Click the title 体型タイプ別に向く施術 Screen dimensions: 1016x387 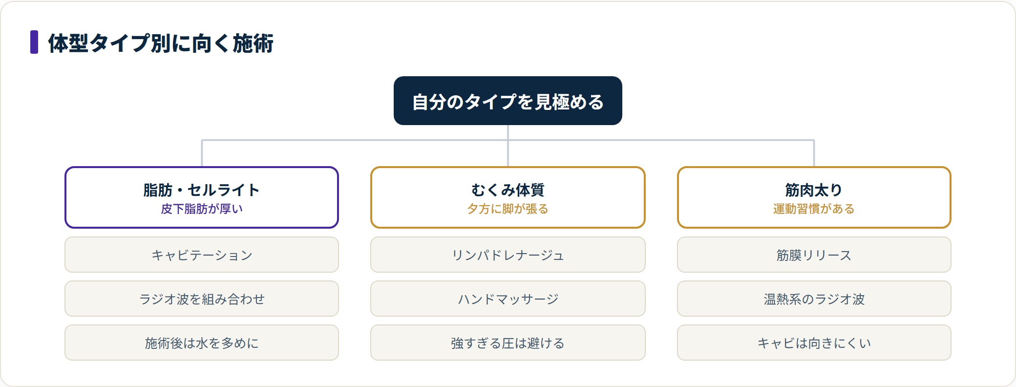pyautogui.click(x=161, y=43)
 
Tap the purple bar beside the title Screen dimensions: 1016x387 pyautogui.click(x=34, y=42)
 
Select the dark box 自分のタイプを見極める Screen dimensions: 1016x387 pyautogui.click(x=508, y=101)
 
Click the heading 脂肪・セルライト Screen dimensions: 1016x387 pyautogui.click(x=202, y=190)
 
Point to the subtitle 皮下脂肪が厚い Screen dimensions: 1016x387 pyautogui.click(x=202, y=209)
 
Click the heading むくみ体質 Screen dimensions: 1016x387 pyautogui.click(x=508, y=190)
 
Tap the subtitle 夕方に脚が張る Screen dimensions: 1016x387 pyautogui.click(x=508, y=209)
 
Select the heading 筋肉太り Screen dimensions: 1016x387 pyautogui.click(x=814, y=190)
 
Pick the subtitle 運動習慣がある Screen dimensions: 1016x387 pyautogui.click(x=814, y=209)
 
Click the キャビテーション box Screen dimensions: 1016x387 pyautogui.click(x=202, y=255)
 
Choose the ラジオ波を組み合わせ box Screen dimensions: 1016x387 pyautogui.click(x=202, y=299)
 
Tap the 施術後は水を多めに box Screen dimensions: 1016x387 pyautogui.click(x=202, y=343)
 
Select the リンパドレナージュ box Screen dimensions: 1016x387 pyautogui.click(x=508, y=255)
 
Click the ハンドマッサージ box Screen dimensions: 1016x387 pyautogui.click(x=508, y=299)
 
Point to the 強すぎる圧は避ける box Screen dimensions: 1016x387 pyautogui.click(x=508, y=343)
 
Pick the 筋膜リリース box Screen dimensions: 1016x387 pyautogui.click(x=814, y=255)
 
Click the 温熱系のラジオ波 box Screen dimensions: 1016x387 pyautogui.click(x=814, y=299)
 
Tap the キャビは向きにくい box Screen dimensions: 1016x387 pyautogui.click(x=814, y=343)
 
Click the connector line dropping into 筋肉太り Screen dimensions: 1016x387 pyautogui.click(x=814, y=153)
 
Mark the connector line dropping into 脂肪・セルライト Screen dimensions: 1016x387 pyautogui.click(x=202, y=153)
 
